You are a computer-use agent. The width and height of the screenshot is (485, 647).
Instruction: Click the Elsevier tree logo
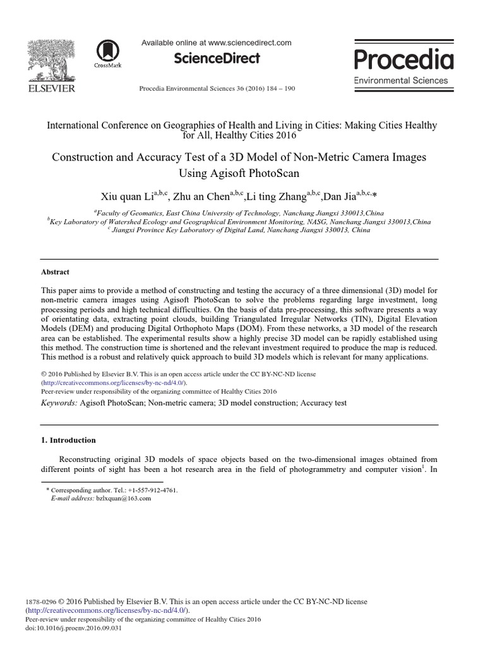51,59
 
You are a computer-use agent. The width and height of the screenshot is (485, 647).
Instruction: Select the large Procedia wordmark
404,60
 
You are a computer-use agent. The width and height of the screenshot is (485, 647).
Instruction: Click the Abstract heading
55,272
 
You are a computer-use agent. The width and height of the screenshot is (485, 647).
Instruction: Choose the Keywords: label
59,402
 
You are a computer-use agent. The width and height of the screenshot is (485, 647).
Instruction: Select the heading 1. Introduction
68,440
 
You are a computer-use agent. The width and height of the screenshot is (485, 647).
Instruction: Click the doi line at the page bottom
73,628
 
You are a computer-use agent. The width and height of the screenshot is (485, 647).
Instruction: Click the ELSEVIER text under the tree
51,88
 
